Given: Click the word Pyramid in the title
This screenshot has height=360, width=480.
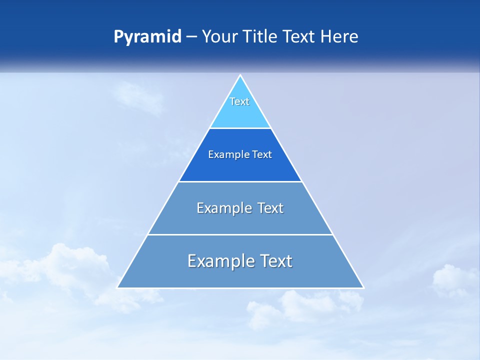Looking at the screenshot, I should point(147,37).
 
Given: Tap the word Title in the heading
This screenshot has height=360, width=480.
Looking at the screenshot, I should point(263,37).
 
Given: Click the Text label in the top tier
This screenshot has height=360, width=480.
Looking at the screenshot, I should point(239,101).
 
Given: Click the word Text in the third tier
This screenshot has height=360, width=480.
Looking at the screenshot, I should point(270,208).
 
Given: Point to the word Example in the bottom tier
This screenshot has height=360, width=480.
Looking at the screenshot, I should point(217,261).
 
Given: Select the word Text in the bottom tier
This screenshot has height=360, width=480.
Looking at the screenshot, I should point(275,261).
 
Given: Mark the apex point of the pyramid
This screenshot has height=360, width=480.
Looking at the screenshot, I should point(240,75).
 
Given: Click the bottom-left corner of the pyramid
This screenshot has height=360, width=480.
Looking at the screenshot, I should point(117,287).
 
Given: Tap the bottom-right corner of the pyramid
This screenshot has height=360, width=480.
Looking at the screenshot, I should point(363,287).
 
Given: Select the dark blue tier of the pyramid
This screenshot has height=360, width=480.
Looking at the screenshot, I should point(240,167).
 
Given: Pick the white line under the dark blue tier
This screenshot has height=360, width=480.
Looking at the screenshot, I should point(240,181).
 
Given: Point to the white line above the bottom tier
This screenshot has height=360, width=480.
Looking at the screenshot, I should point(240,234).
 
